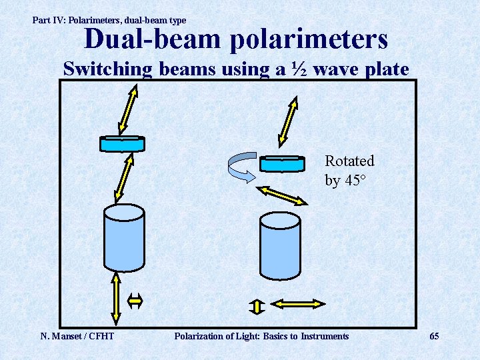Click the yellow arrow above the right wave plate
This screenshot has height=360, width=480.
point(289,121)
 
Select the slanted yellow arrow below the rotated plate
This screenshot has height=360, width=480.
point(281,195)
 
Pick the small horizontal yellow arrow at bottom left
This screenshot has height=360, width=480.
point(135,301)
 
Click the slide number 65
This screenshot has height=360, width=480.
point(434,336)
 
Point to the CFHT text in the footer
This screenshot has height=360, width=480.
point(99,336)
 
